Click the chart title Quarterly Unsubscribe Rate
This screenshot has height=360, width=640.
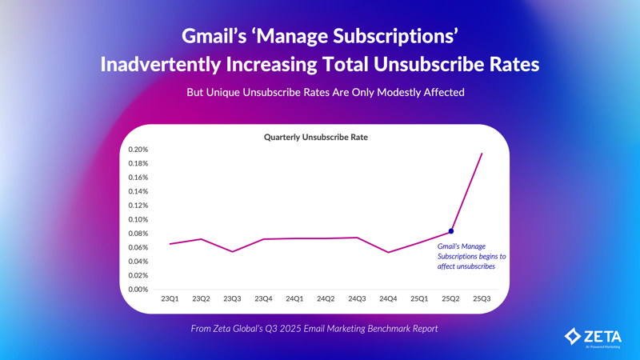click(x=316, y=137)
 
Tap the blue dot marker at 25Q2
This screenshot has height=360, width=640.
click(x=451, y=231)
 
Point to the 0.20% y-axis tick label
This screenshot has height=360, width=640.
click(x=138, y=150)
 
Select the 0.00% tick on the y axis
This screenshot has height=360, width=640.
click(x=138, y=290)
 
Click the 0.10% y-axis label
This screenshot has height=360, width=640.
click(x=138, y=219)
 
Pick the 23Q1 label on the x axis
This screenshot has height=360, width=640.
click(x=170, y=299)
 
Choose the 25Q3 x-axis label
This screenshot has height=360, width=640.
click(x=482, y=299)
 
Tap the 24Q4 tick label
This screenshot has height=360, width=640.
click(x=388, y=299)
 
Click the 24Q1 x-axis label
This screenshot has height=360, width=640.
click(x=294, y=299)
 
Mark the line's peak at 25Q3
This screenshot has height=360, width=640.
click(x=482, y=154)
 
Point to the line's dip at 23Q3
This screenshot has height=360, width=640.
click(x=232, y=251)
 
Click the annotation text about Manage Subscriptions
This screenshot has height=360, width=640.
click(x=471, y=256)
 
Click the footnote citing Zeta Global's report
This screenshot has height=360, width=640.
click(x=314, y=328)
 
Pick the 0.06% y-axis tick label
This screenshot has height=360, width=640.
click(x=138, y=247)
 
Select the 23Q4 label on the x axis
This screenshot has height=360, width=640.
click(x=263, y=299)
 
